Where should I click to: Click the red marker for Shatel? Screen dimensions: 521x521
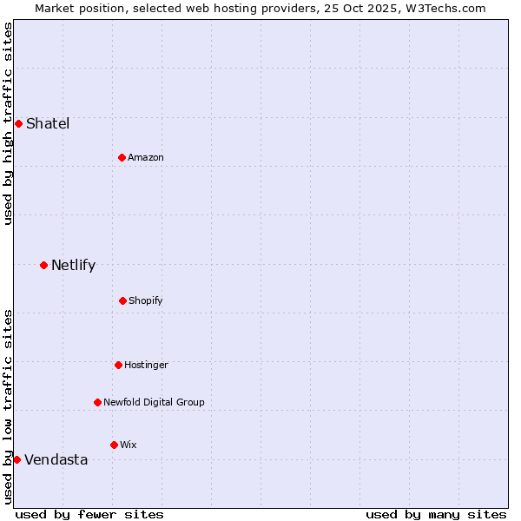18,123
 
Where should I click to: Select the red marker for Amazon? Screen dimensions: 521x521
122,157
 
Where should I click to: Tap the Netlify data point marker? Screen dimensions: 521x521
43,265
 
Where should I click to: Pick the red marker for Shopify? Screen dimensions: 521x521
122,300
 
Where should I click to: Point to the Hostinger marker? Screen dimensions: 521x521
118,365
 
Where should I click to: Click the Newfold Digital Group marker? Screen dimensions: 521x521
97,402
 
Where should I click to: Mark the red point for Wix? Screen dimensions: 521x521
114,445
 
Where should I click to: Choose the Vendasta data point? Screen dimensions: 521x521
16,459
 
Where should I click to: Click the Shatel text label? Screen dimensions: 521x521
48,123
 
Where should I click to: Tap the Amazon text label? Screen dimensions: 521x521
146,157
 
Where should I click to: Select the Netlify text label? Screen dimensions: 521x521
73,265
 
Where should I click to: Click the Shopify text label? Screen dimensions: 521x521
146,300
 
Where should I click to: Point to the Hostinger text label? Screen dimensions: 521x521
146,365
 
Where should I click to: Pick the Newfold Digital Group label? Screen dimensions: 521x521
154,402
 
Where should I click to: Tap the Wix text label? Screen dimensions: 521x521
129,445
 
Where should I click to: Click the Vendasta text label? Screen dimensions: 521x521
56,459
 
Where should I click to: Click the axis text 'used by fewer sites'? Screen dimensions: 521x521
89,514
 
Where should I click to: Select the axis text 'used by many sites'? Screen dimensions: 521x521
436,514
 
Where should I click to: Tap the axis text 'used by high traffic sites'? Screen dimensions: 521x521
8,123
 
